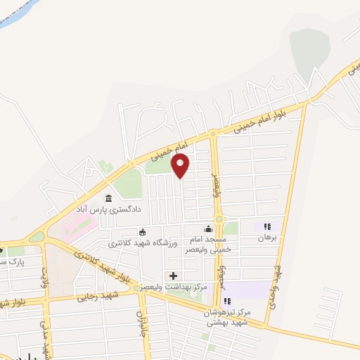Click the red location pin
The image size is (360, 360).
pos(181,166)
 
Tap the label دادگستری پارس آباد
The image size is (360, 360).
pos(108,209)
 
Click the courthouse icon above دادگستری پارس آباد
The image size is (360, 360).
pos(108,198)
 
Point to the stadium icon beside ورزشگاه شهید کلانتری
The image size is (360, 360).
pos(143,232)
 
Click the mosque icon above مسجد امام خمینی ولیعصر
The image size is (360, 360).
pos(207,229)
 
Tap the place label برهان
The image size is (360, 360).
pos(267,238)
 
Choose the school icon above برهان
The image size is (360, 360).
pos(267,227)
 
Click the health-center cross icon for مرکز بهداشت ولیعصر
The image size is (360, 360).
pos(173,275)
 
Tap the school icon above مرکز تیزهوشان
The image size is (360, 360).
pos(227,301)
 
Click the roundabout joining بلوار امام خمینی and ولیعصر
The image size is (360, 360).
pos(213,134)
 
